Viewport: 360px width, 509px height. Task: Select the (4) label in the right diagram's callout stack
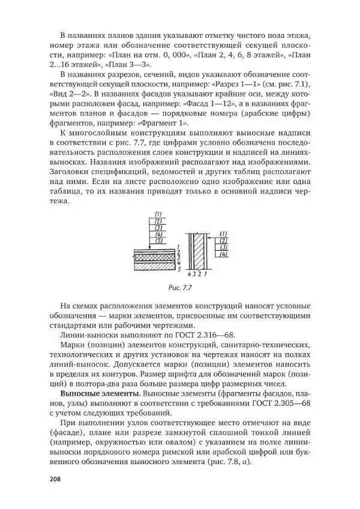(223, 254)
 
